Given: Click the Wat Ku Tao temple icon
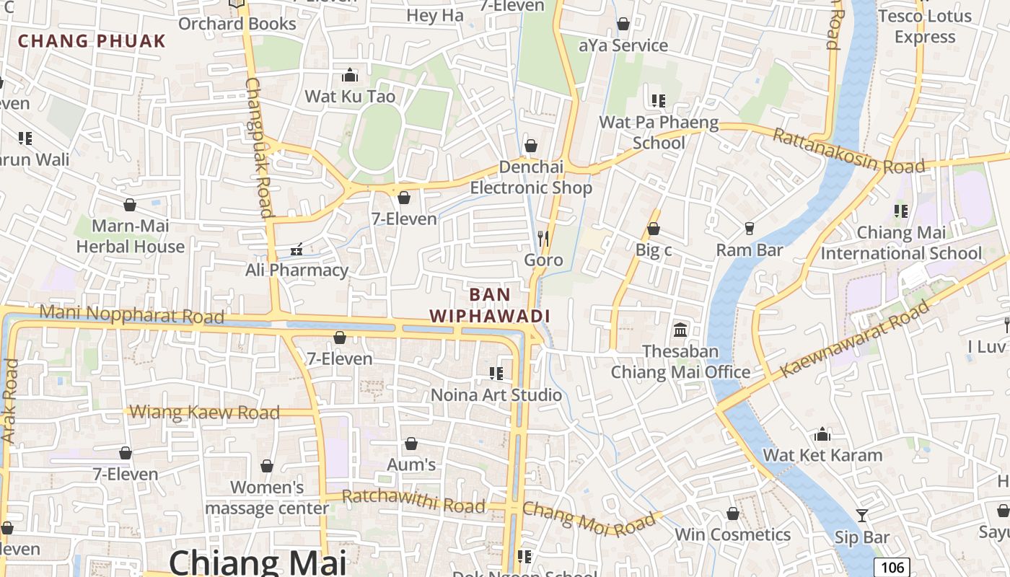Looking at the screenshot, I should [350, 75].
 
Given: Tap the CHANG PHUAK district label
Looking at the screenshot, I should [92, 40].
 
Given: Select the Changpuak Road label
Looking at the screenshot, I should [258, 147].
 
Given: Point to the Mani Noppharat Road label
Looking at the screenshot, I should [131, 314].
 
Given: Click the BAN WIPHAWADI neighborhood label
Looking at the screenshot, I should [490, 305].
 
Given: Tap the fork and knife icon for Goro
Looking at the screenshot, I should [543, 238].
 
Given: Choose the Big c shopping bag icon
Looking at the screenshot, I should [654, 229].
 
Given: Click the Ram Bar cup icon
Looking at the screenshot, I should [749, 229].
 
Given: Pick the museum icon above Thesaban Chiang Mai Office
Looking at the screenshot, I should [680, 330].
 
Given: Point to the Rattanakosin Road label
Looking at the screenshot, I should [848, 151].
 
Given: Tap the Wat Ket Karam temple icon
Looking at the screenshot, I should [822, 434].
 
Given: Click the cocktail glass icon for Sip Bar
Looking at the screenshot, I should [861, 515].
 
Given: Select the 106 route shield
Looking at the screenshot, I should [892, 567].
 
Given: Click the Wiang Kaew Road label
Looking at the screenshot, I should [205, 413].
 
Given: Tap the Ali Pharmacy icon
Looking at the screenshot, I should [296, 250].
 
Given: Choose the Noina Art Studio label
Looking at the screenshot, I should [496, 395].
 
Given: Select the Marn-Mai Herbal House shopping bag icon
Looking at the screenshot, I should [130, 206].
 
